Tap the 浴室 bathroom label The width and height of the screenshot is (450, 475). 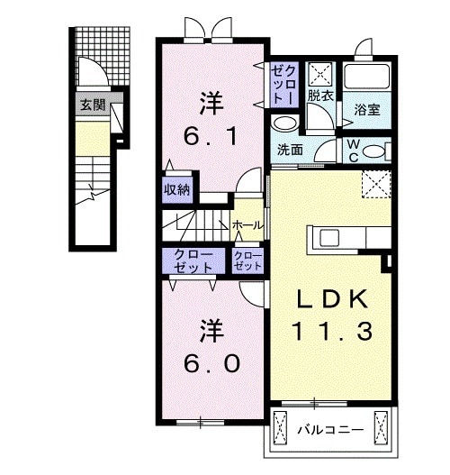pyautogui.click(x=365, y=110)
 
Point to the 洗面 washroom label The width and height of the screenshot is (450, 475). pyautogui.click(x=289, y=151)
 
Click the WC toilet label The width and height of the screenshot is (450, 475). pyautogui.click(x=353, y=150)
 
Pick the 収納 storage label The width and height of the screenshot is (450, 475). pyautogui.click(x=176, y=188)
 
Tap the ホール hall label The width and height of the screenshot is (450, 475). pyautogui.click(x=247, y=224)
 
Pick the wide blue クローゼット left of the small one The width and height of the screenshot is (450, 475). pyautogui.click(x=194, y=262)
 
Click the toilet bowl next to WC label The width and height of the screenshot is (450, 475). pyautogui.click(x=379, y=150)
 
